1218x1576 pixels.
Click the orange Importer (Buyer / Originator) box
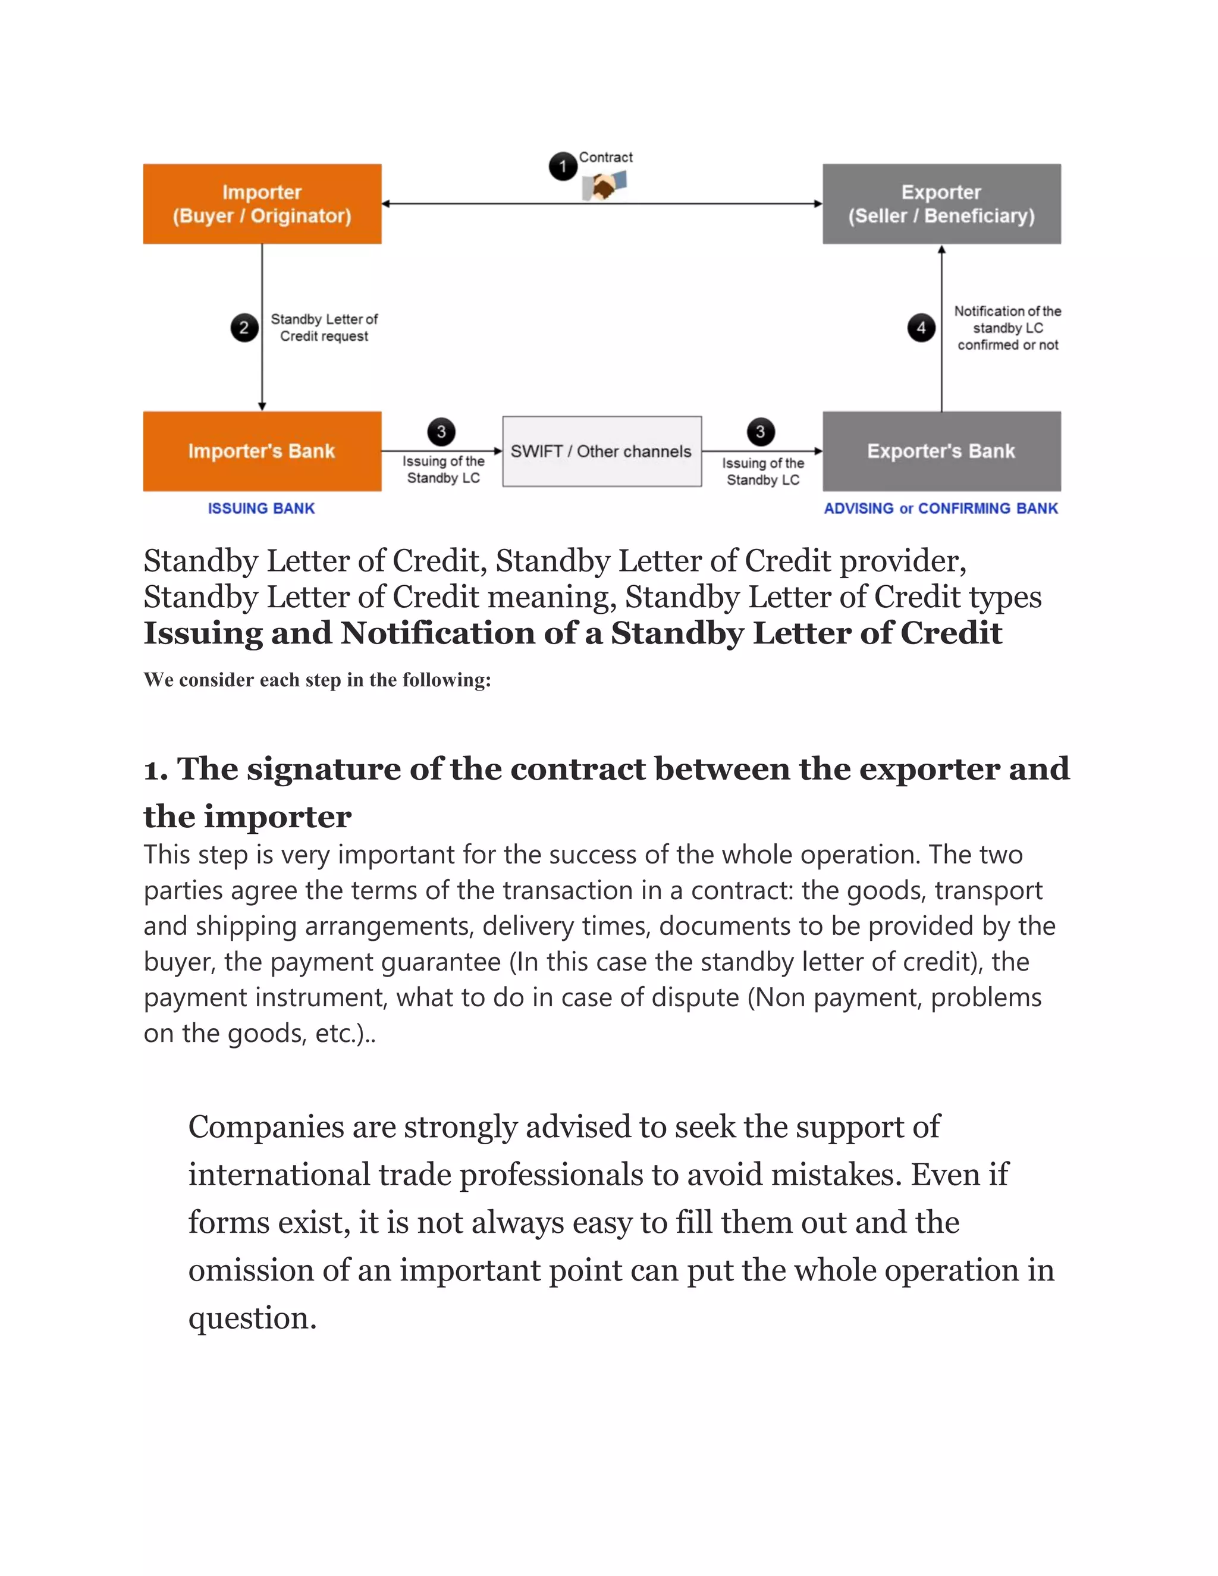click(262, 203)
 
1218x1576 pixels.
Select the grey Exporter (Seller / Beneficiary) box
click(941, 203)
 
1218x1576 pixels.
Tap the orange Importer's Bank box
click(262, 451)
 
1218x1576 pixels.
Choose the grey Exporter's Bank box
click(941, 451)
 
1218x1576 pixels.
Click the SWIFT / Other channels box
click(601, 451)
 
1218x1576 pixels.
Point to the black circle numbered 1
click(563, 167)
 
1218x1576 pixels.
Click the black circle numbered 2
click(244, 328)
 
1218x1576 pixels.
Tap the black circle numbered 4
click(921, 328)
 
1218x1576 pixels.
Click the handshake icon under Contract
click(604, 187)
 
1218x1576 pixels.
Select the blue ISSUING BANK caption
click(261, 508)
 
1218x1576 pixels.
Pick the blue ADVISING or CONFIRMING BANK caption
click(940, 508)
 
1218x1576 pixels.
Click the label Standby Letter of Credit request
click(324, 328)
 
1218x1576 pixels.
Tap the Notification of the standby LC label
click(1007, 328)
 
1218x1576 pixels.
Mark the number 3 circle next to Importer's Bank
click(441, 432)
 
